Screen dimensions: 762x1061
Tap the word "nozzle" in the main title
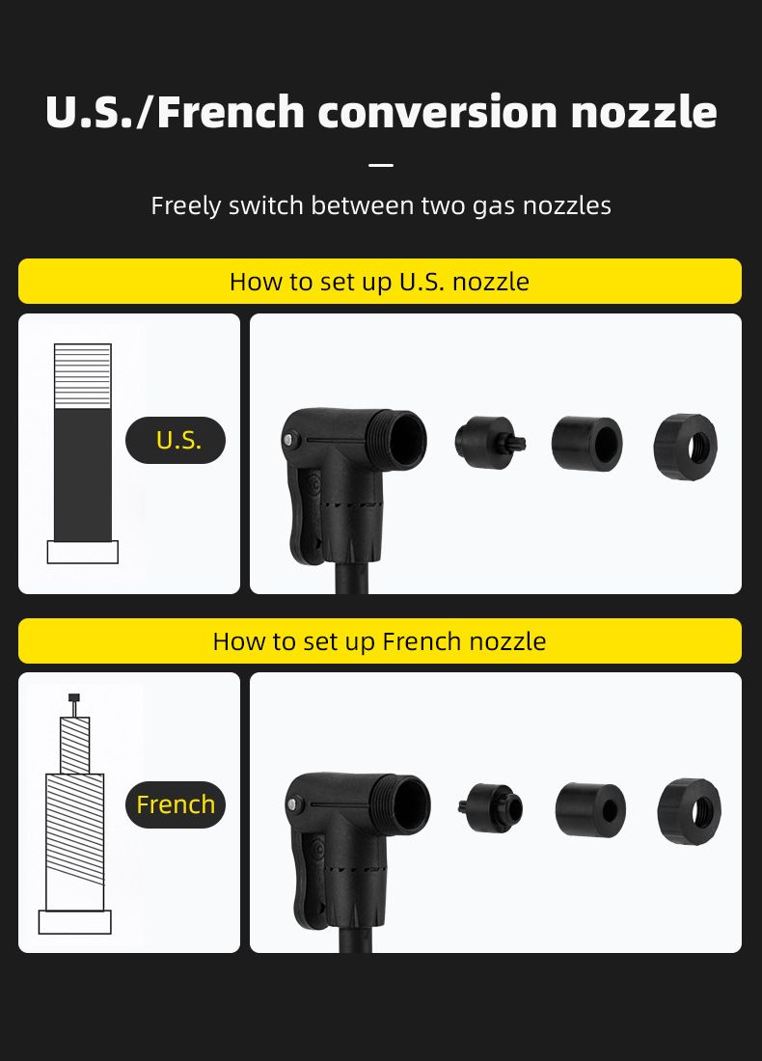(x=643, y=112)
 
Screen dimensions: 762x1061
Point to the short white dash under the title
(x=382, y=164)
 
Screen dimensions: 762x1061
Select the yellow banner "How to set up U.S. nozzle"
(x=380, y=281)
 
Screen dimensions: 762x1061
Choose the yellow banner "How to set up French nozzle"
(x=380, y=640)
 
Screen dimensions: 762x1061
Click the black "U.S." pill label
(x=176, y=440)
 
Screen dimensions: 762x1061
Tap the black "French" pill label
(x=176, y=804)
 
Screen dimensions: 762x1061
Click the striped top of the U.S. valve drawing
(x=83, y=376)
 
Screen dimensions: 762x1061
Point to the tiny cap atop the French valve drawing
(x=74, y=697)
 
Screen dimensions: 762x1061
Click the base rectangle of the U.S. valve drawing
(x=83, y=552)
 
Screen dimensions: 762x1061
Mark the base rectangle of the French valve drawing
(x=74, y=922)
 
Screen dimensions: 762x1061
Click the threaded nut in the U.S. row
(x=686, y=447)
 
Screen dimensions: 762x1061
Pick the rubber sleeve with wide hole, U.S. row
(x=586, y=444)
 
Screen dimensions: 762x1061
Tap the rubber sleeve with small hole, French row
(x=590, y=809)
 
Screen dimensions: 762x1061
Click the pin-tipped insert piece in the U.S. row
(x=490, y=442)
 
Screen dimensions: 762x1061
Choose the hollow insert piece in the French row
(x=491, y=807)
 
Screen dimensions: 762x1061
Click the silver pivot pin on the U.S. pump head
(x=289, y=440)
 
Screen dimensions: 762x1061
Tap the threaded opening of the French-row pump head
(x=407, y=803)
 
